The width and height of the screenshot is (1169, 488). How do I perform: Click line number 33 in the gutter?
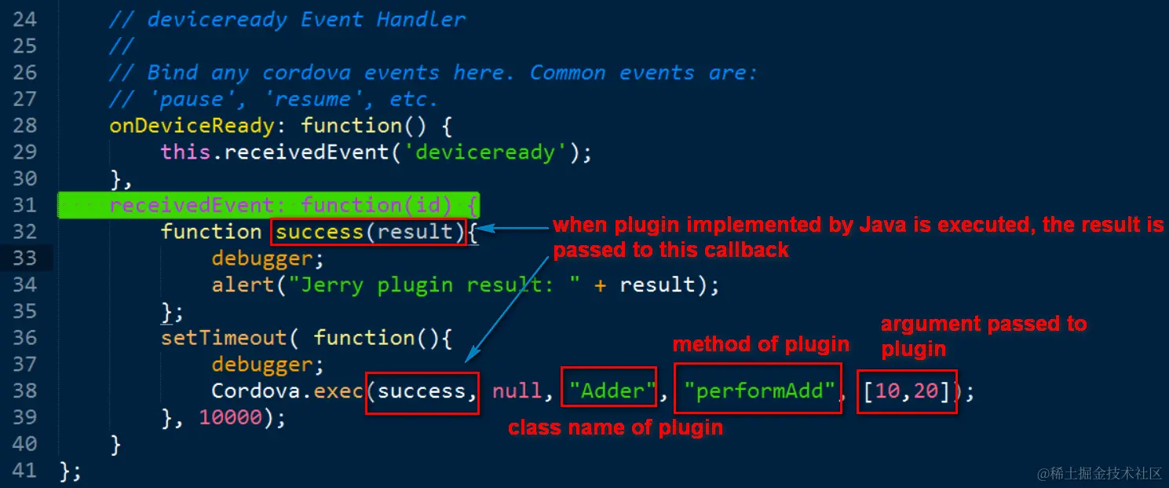click(24, 258)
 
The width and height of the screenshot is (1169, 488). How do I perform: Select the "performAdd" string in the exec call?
click(758, 390)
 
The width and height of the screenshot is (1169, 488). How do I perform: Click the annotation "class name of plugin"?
click(616, 428)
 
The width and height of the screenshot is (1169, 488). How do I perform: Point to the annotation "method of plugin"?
click(761, 344)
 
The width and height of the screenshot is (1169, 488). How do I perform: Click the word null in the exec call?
click(517, 391)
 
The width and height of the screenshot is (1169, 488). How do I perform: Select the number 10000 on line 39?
click(230, 417)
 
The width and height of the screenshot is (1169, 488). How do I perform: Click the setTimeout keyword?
click(224, 338)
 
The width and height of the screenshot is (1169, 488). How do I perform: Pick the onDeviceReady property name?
click(192, 126)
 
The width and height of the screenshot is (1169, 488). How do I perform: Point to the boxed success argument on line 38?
click(422, 391)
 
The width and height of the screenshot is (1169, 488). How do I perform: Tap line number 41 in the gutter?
click(24, 471)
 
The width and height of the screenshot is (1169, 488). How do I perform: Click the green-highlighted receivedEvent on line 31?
click(192, 206)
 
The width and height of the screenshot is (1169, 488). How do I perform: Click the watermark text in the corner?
click(1098, 473)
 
